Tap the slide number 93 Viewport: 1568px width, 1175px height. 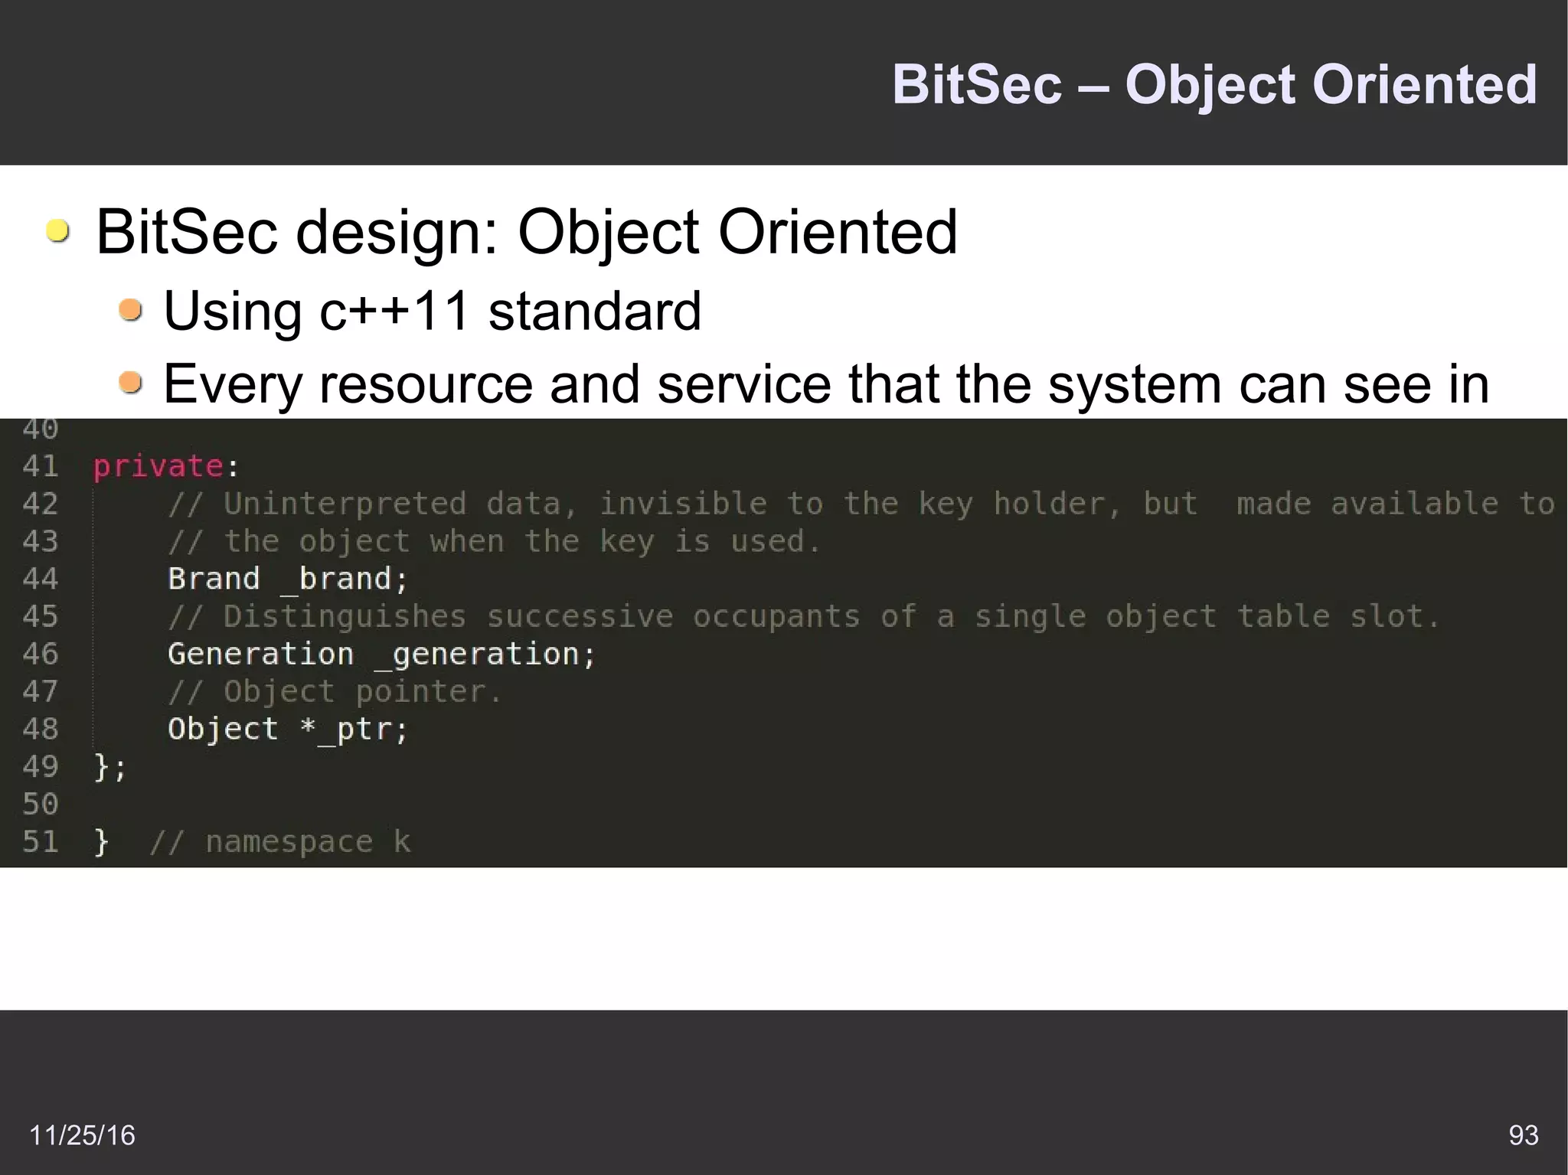(x=1523, y=1134)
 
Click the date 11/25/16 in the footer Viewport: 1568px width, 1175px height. (x=82, y=1135)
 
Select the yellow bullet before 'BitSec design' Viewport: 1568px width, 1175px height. (x=57, y=230)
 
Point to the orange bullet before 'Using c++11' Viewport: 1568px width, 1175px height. (x=131, y=310)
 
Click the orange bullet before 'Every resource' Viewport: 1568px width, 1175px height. (x=131, y=382)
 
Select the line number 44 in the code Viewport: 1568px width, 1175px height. (x=41, y=579)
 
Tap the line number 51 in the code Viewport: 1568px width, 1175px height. (x=41, y=841)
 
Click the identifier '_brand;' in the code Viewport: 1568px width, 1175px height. (x=345, y=579)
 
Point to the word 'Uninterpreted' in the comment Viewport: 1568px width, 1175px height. (x=345, y=504)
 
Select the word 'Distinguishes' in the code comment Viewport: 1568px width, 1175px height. (x=345, y=617)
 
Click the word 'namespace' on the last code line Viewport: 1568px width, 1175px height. (x=289, y=842)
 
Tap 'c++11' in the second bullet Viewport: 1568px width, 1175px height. (x=394, y=311)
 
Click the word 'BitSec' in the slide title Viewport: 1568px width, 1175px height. (x=977, y=84)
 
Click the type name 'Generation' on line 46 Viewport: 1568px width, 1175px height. (x=260, y=654)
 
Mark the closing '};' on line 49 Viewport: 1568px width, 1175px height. (x=109, y=767)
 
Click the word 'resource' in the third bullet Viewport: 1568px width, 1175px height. (x=426, y=384)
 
